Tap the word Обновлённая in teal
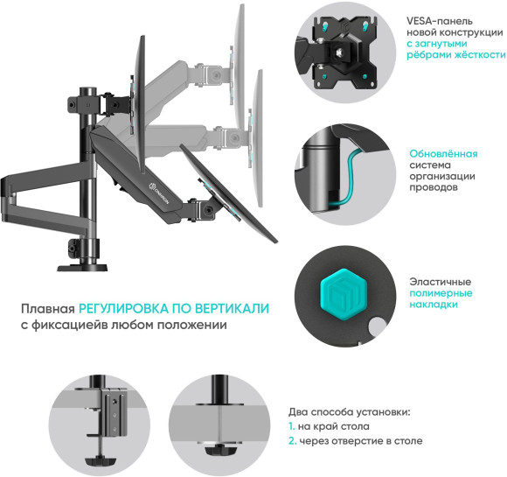[x=444, y=153]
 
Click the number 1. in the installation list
[x=292, y=426]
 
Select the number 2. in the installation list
[x=293, y=442]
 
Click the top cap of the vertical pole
[x=87, y=90]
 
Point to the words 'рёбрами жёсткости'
[x=455, y=54]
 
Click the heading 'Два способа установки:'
[x=349, y=410]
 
